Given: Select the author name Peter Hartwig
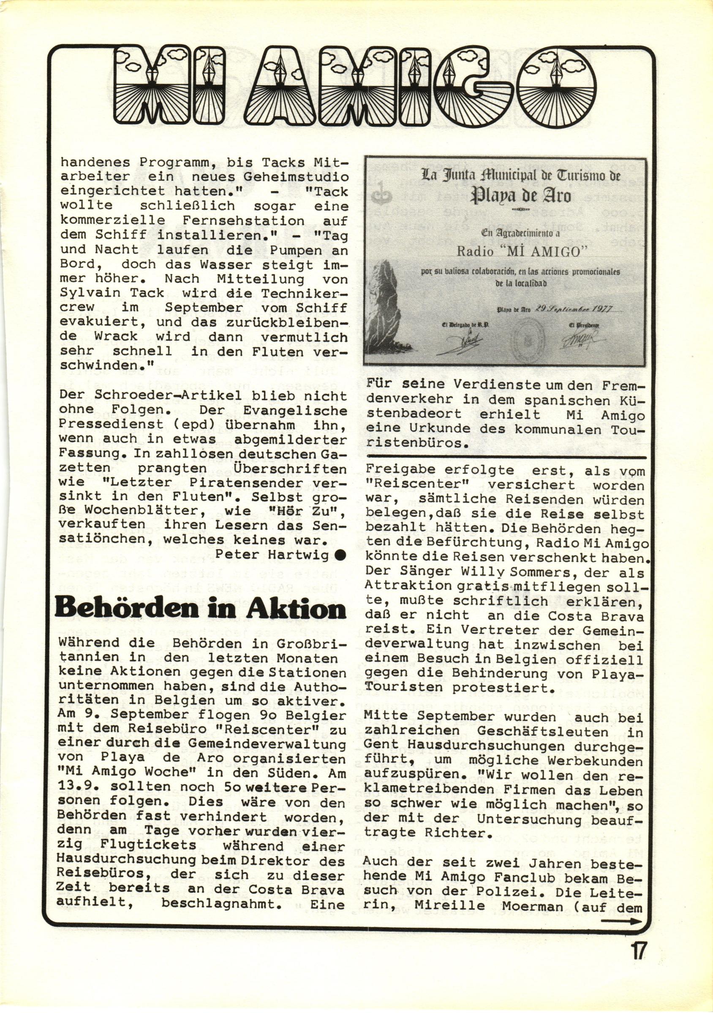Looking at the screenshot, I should [272, 554].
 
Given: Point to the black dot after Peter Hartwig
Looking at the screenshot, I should [340, 555].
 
